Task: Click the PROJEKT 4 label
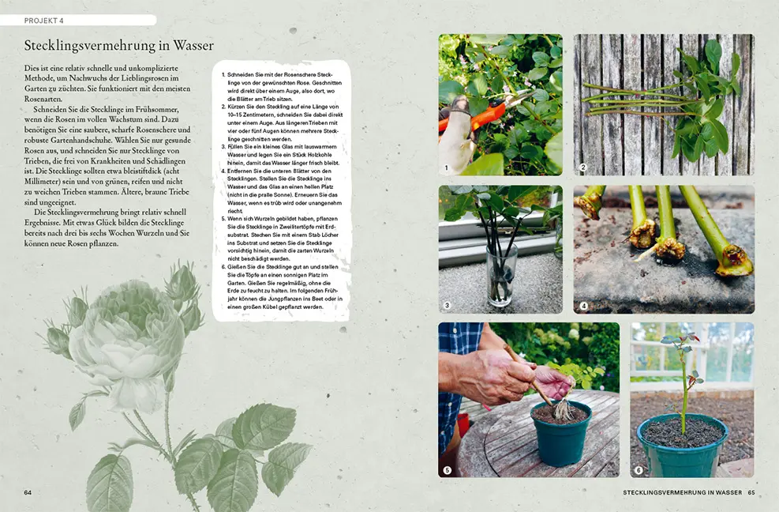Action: pos(43,20)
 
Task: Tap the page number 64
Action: pos(28,492)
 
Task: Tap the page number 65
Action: pos(751,492)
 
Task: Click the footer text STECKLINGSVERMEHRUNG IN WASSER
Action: pos(682,492)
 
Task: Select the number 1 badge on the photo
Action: pos(447,168)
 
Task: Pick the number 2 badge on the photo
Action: pos(582,168)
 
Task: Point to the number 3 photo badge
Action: pos(447,306)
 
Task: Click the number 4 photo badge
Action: pos(583,306)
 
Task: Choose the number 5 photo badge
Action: pos(448,470)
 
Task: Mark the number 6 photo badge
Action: pos(639,470)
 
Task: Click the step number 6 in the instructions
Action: pos(223,268)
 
